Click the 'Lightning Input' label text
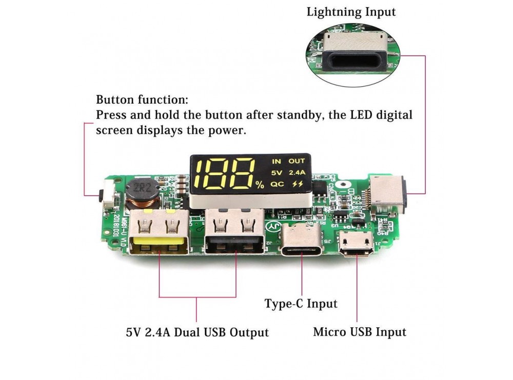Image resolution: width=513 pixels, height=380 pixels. [x=351, y=12]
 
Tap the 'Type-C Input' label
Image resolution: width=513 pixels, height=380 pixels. [x=301, y=304]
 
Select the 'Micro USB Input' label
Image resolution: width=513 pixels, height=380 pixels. [x=359, y=332]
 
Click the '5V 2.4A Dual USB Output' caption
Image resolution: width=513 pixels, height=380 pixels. [x=197, y=332]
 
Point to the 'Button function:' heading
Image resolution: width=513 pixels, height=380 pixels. [x=142, y=99]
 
